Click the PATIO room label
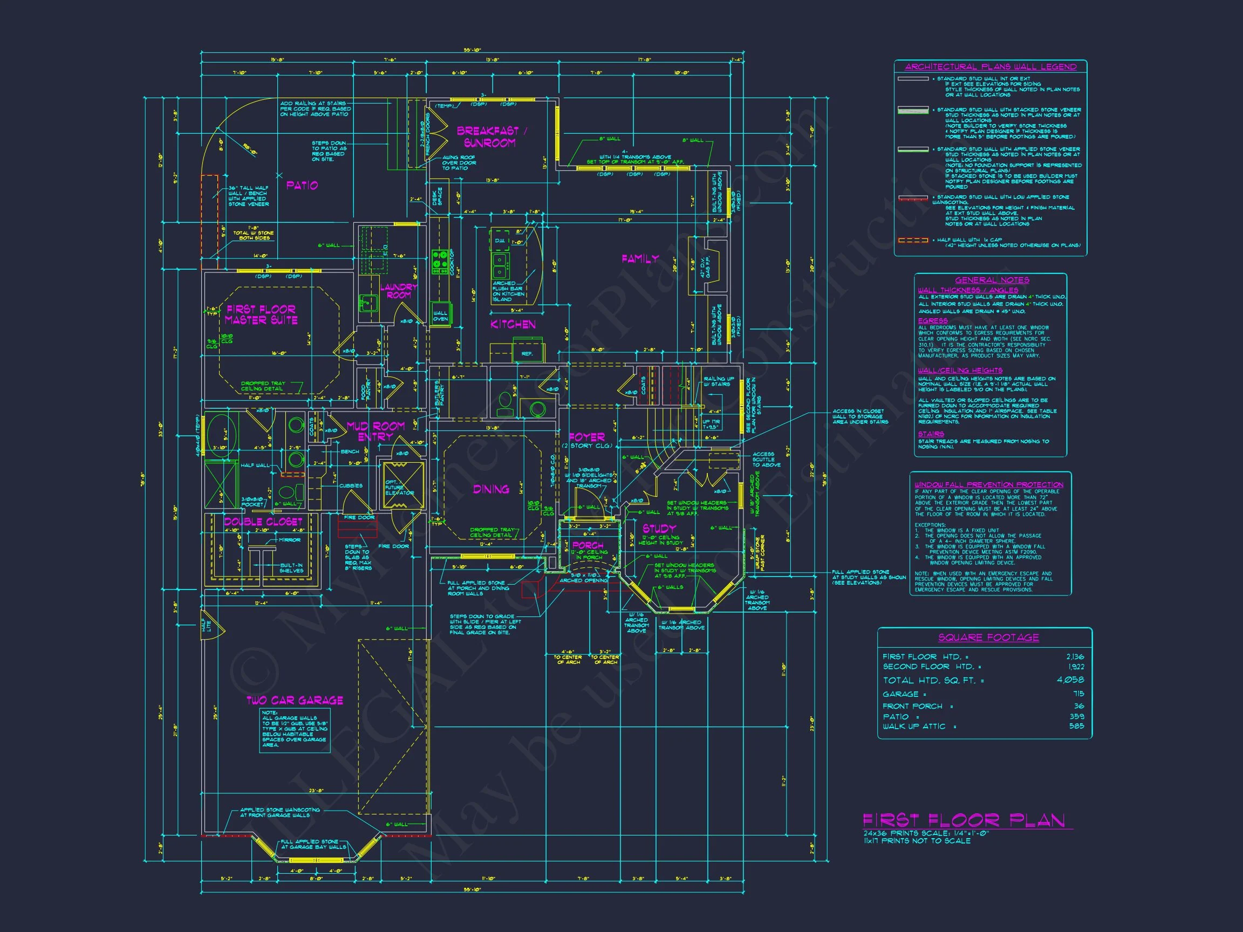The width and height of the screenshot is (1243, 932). click(302, 185)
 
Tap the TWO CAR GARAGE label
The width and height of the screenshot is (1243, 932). click(295, 700)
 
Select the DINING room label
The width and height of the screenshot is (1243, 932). click(491, 489)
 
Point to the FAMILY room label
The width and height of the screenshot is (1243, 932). click(640, 258)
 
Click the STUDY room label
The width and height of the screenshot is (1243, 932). click(659, 528)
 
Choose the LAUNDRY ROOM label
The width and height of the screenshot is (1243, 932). click(398, 291)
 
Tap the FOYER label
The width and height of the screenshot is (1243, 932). click(586, 436)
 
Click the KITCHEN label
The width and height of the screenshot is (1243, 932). click(513, 324)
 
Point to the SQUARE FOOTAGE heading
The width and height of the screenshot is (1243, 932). click(988, 637)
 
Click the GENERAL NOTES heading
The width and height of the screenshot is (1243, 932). click(992, 280)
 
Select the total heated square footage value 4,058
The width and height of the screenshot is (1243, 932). click(1070, 680)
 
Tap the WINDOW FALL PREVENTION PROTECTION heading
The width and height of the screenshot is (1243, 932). click(989, 484)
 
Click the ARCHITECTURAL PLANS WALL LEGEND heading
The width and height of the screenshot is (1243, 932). click(991, 67)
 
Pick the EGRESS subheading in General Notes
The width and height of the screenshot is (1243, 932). click(933, 321)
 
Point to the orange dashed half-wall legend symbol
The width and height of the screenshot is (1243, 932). click(913, 241)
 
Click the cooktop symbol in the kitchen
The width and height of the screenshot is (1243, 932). click(440, 261)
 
